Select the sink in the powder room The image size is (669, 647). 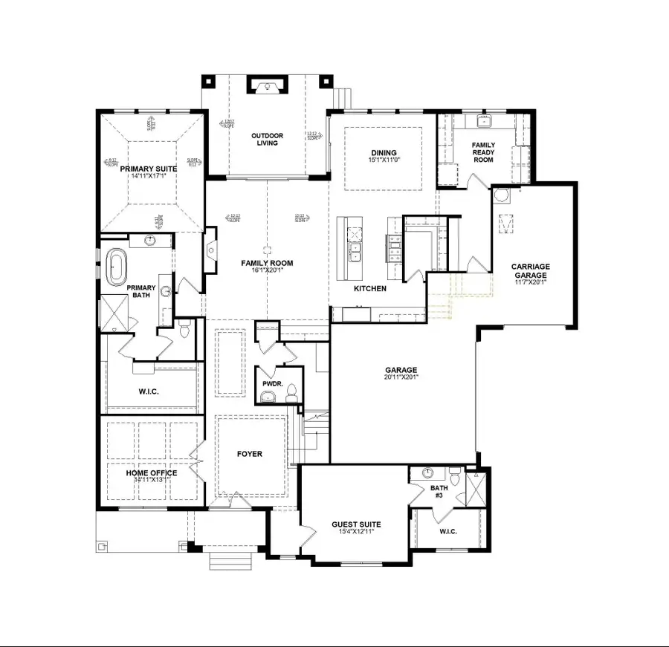pyautogui.click(x=267, y=396)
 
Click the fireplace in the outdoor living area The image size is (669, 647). pyautogui.click(x=266, y=87)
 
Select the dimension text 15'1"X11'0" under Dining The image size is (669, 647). pyautogui.click(x=384, y=160)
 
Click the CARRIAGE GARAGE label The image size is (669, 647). pyautogui.click(x=529, y=271)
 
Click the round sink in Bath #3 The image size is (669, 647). pyautogui.click(x=428, y=473)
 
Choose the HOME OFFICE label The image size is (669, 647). pyautogui.click(x=152, y=473)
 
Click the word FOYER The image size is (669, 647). pyautogui.click(x=250, y=454)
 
